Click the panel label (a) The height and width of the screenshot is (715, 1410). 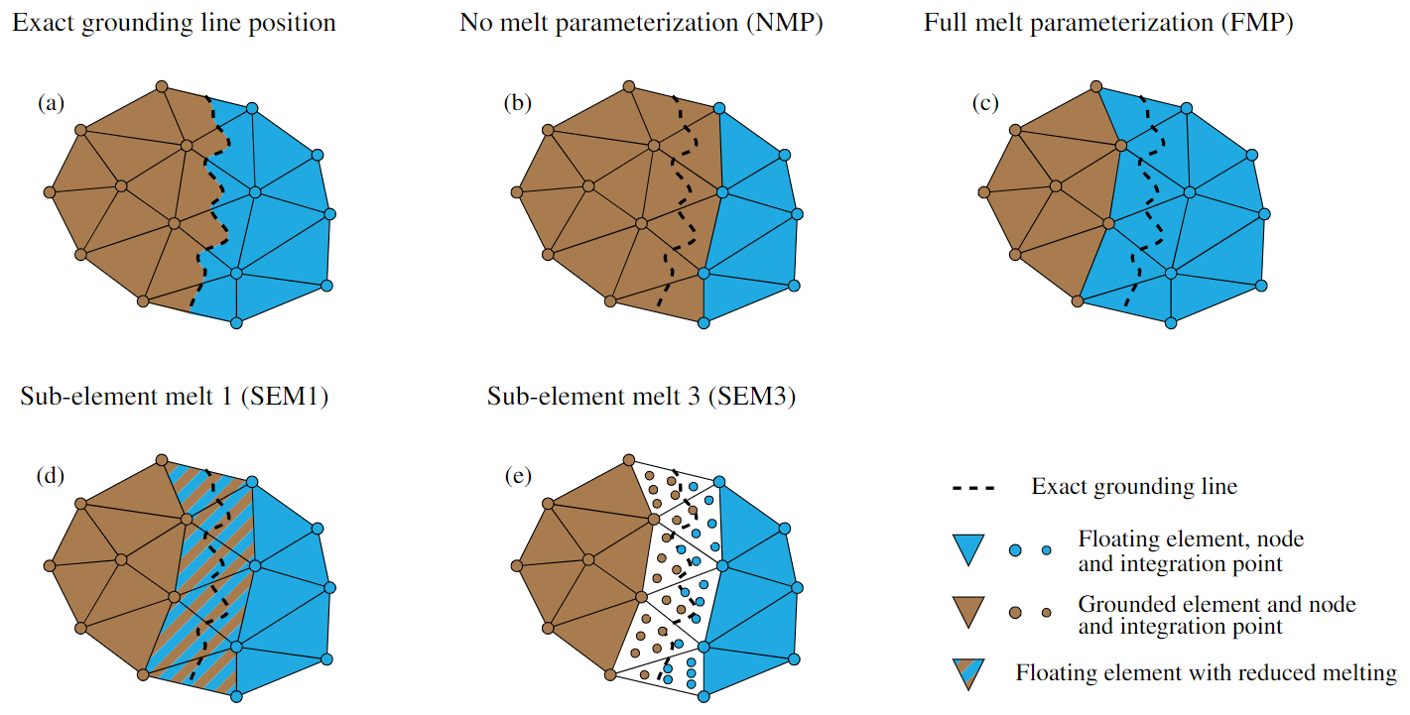(x=51, y=102)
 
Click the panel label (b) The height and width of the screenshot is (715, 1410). (x=517, y=102)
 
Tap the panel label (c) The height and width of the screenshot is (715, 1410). (x=984, y=102)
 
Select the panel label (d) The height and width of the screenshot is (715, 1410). (x=51, y=475)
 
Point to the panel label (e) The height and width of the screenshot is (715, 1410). (x=517, y=476)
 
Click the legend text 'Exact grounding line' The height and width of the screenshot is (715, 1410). (x=1134, y=487)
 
